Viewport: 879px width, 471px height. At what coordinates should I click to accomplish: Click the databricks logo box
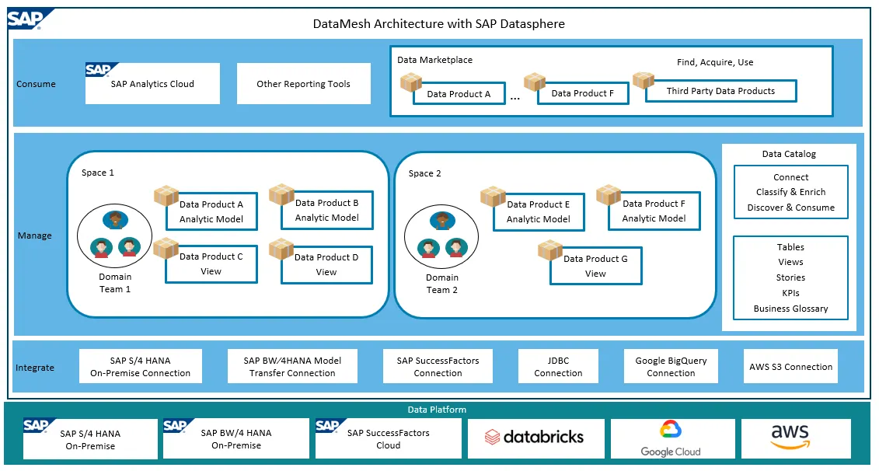tap(534, 438)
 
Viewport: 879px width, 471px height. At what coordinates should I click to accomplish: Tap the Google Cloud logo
tap(670, 438)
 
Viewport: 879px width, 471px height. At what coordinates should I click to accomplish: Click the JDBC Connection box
tap(558, 367)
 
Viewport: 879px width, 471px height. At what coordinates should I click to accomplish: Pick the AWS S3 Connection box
tap(790, 367)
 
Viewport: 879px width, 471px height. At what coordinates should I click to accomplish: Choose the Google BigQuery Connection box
tap(671, 367)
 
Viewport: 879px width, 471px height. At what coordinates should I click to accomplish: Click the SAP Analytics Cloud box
tap(152, 84)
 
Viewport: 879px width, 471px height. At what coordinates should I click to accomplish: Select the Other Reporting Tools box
tap(303, 84)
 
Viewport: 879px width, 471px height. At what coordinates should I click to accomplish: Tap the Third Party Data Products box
tap(720, 91)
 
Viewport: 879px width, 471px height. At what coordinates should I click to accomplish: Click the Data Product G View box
tap(595, 266)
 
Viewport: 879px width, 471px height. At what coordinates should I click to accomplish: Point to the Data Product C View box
tap(211, 264)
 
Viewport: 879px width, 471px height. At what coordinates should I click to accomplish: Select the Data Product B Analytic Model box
tap(326, 210)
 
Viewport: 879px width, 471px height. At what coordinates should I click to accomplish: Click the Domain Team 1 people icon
tap(115, 233)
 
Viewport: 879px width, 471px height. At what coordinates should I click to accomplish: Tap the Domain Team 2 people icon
tap(442, 234)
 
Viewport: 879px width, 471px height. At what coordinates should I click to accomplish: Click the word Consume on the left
tap(36, 84)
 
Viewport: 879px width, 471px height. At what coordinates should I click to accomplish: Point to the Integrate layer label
tap(35, 368)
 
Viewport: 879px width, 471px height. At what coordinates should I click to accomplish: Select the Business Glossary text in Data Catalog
tap(790, 309)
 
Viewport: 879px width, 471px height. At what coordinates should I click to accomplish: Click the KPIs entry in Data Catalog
tap(790, 293)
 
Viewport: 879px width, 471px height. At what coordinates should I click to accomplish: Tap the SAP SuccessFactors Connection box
tap(438, 367)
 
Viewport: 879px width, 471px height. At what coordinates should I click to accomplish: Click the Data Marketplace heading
tap(434, 60)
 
